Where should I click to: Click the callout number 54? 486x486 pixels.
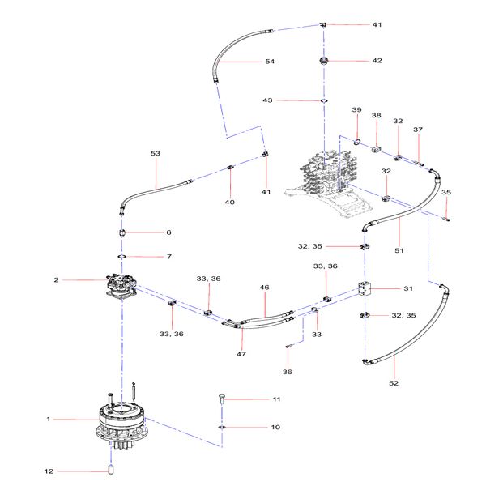click(x=270, y=62)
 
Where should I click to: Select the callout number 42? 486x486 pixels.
click(x=377, y=61)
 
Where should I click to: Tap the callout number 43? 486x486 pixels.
click(x=267, y=100)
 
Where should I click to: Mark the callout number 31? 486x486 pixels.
click(x=408, y=289)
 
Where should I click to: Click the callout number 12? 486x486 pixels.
click(x=48, y=471)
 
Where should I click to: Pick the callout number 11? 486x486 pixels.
click(x=275, y=399)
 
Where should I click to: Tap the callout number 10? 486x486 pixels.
click(x=275, y=427)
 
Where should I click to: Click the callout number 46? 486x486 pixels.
click(x=264, y=288)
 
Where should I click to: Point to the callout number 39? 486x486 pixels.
click(x=356, y=110)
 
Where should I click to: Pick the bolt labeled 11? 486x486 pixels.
click(x=222, y=399)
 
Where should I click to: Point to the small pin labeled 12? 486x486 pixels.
click(x=112, y=470)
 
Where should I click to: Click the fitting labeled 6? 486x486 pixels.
click(x=122, y=232)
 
